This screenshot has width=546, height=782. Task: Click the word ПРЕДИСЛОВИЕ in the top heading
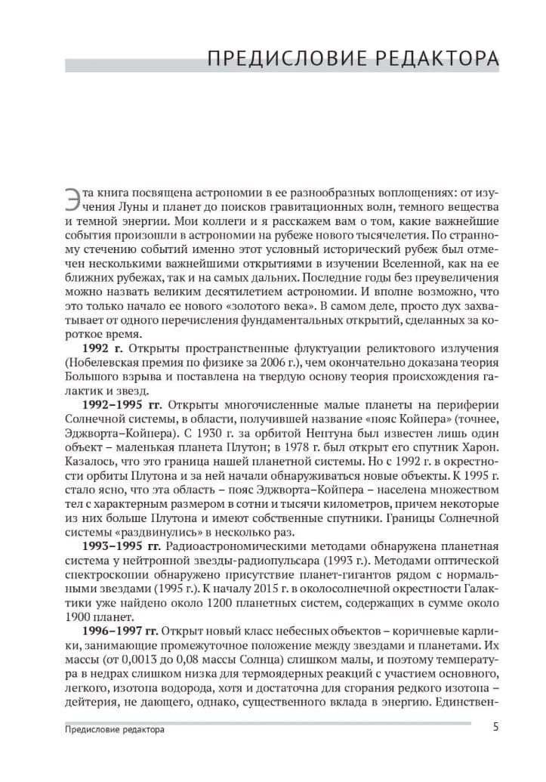285,59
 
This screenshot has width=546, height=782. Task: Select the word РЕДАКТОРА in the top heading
433,59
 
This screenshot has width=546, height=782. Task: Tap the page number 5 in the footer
495,728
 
